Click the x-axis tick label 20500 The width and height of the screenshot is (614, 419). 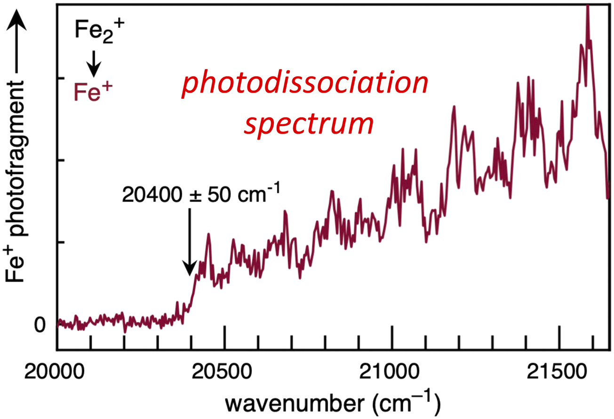point(225,376)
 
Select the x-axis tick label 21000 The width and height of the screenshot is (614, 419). point(392,376)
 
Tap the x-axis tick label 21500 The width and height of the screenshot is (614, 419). point(559,376)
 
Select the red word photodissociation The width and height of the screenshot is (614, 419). point(305,84)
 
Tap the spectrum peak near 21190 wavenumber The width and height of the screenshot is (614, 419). point(454,107)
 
